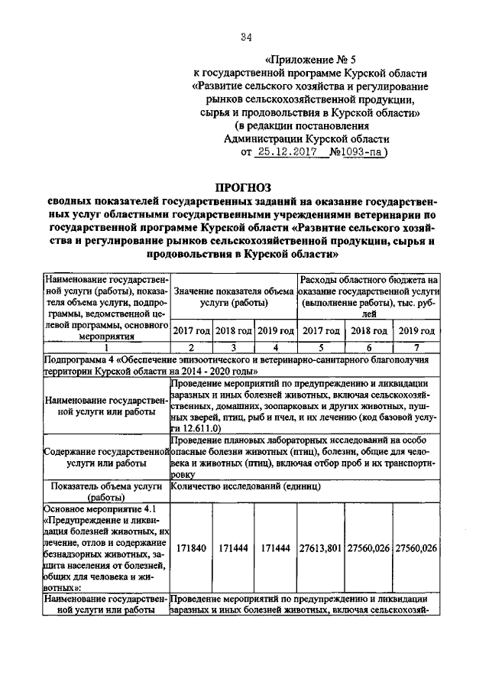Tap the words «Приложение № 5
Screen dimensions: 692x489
(306, 59)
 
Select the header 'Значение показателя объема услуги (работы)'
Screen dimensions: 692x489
(233, 297)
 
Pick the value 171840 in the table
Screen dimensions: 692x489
(190, 548)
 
